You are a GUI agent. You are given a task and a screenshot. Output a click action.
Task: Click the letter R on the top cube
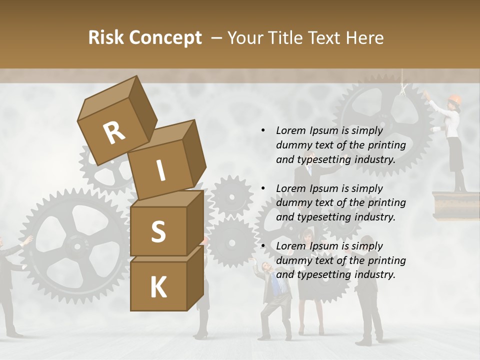pos(114,133)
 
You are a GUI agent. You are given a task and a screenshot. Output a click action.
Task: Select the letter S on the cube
pos(158,231)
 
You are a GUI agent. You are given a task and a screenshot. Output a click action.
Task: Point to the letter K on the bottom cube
pos(158,287)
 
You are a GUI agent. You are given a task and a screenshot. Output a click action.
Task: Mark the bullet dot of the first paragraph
pos(263,130)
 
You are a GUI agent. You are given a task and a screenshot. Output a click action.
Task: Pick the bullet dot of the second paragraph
pos(263,188)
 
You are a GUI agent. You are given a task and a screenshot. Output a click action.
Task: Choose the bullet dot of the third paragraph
pos(263,246)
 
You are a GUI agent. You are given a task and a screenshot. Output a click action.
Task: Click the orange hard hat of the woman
pos(454,99)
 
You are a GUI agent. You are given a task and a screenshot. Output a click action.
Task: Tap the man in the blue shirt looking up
pos(272,290)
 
